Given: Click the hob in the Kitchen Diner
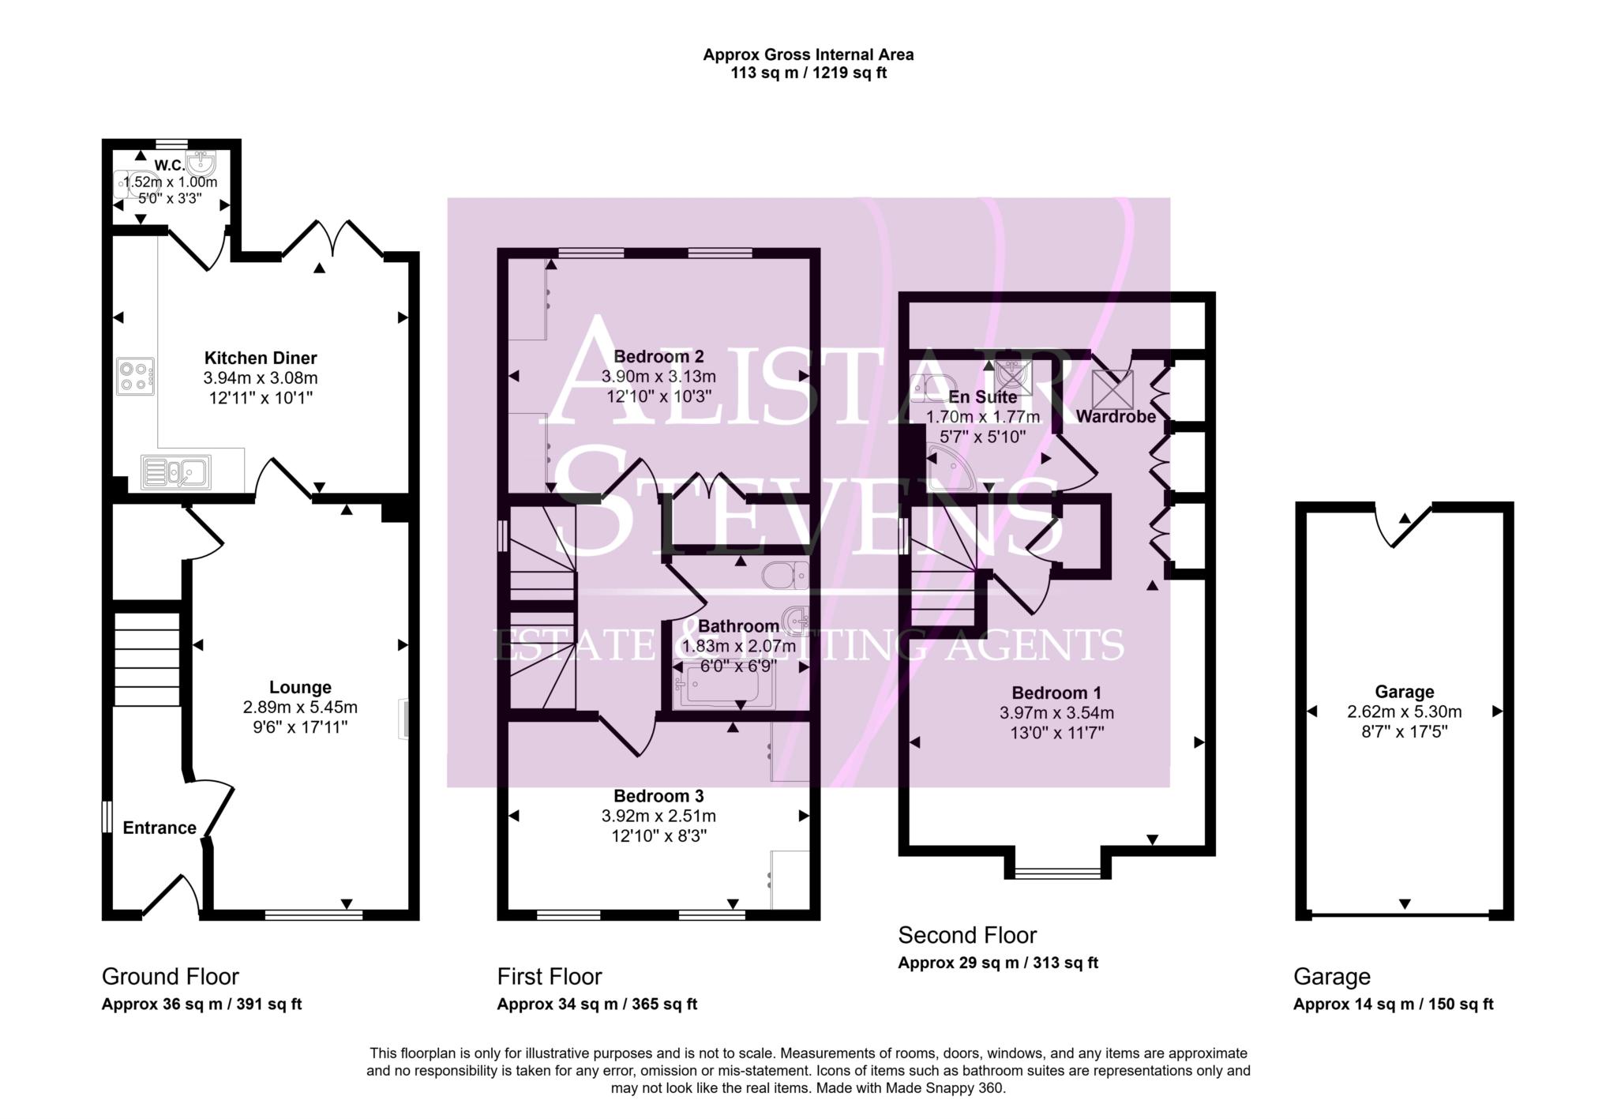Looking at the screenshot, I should [x=135, y=377].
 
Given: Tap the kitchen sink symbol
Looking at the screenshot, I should [x=176, y=471].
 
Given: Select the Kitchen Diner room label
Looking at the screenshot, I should [x=261, y=358].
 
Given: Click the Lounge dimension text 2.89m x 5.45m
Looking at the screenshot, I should [x=300, y=708].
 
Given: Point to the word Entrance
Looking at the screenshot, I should [x=159, y=828].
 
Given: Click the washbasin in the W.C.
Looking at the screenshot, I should [x=202, y=164].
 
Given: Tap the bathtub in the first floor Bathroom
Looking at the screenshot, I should [x=723, y=685].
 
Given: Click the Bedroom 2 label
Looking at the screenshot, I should [x=658, y=356].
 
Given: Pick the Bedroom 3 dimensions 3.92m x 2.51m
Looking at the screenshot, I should [x=658, y=816].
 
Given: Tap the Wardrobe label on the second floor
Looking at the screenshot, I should [x=1115, y=416].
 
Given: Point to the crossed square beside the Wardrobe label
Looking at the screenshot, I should [x=1112, y=389].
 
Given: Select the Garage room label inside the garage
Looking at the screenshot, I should [x=1404, y=692].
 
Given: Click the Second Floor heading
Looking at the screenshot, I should [x=967, y=935].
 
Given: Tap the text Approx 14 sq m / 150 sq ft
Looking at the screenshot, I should [x=1393, y=1004].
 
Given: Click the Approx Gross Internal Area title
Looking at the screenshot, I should [x=808, y=54].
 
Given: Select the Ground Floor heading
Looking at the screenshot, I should [x=170, y=977].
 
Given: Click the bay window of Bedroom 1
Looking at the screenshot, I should [x=1057, y=873].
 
